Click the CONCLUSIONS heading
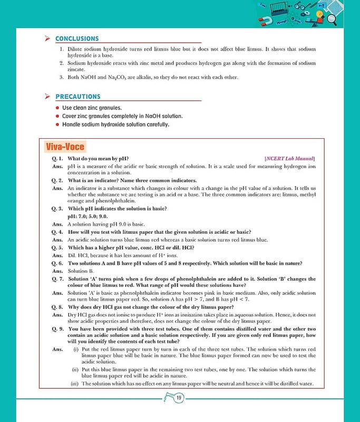pos(76,39)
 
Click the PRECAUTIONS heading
pos(77,97)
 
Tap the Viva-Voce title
pos(65,147)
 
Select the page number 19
pos(179,398)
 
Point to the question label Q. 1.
pos(57,158)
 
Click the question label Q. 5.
pos(57,247)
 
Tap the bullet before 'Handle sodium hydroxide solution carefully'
pos(57,124)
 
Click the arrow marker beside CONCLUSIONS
pos(47,39)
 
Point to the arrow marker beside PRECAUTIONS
pos(47,97)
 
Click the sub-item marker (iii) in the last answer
pos(75,383)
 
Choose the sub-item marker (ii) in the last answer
pos(75,369)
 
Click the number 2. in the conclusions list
pos(62,63)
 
